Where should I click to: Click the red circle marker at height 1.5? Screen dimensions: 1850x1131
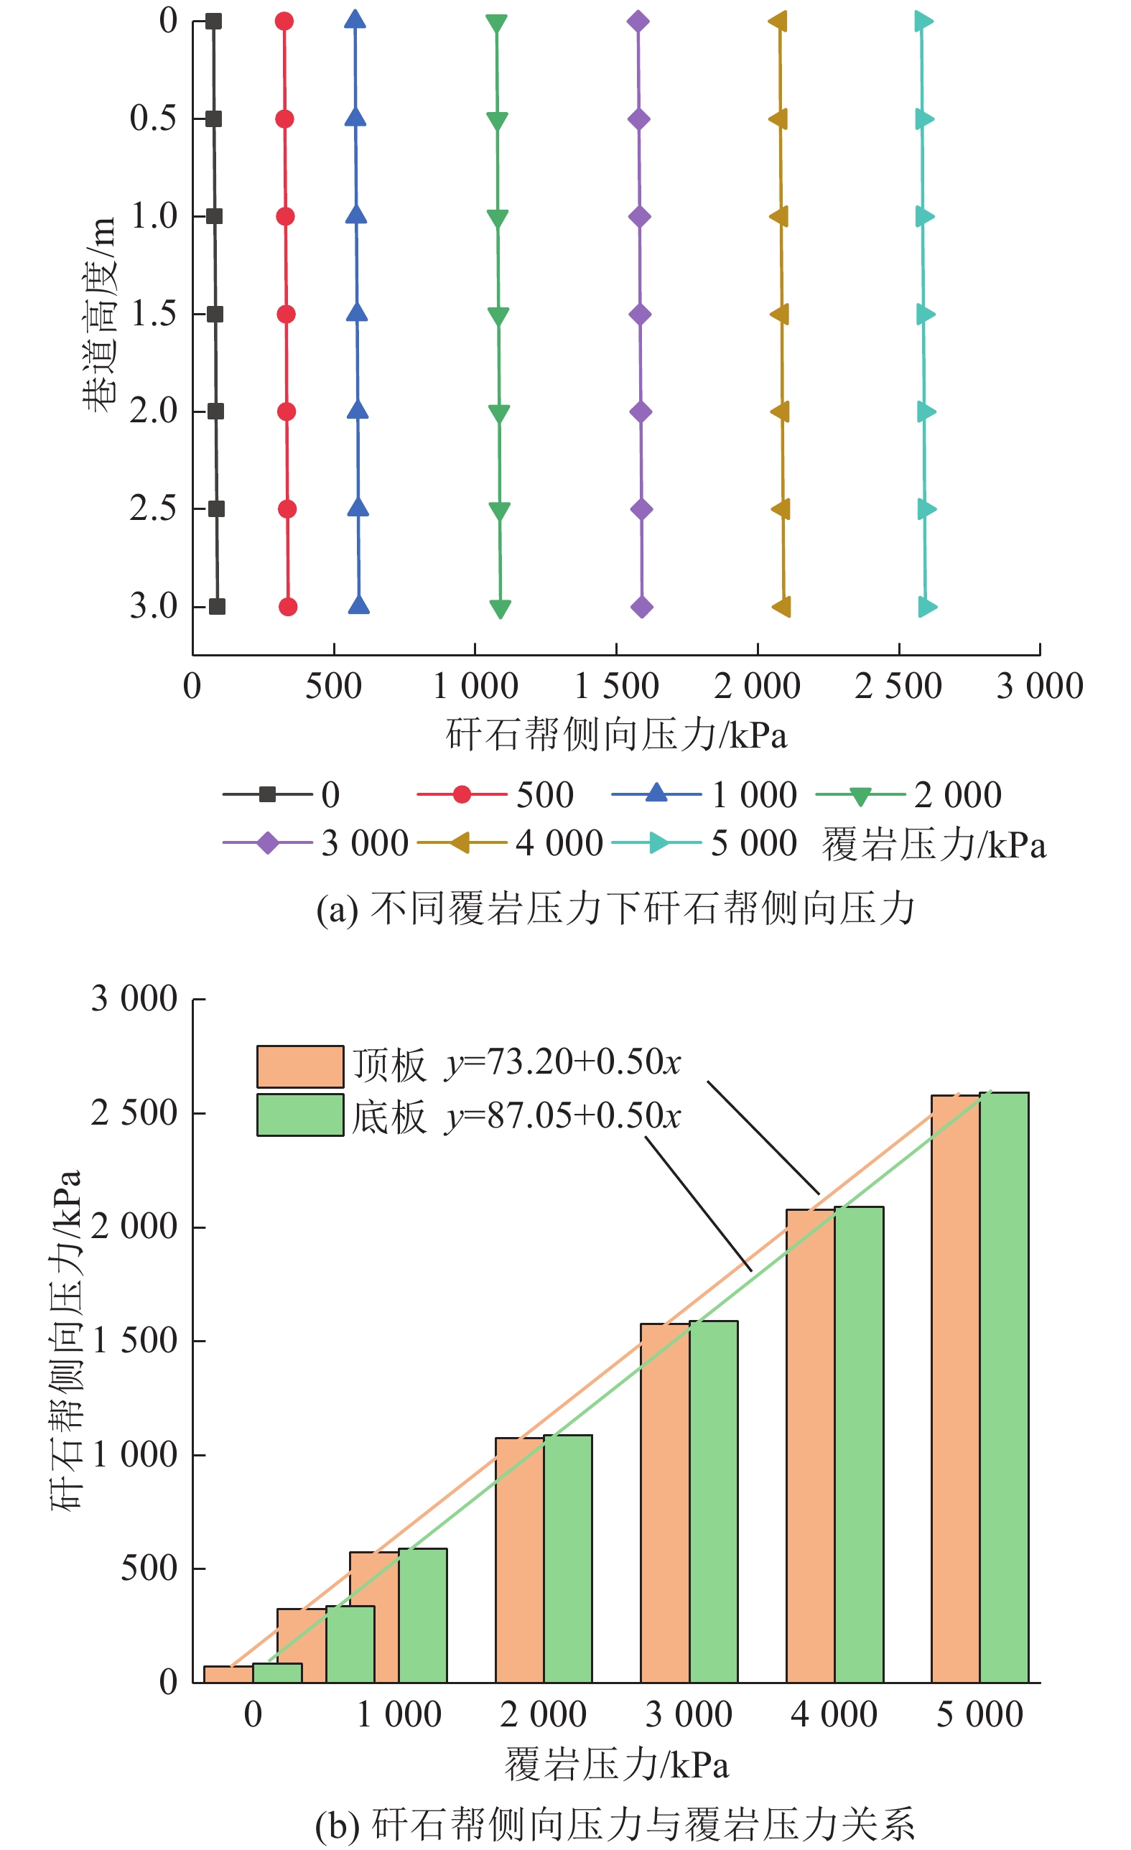tap(286, 314)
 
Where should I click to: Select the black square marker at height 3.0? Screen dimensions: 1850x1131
tap(217, 607)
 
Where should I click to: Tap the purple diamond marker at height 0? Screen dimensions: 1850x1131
tap(638, 21)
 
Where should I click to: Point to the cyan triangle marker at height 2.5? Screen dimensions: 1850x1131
tap(926, 509)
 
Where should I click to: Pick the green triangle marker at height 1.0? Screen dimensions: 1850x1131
tap(498, 218)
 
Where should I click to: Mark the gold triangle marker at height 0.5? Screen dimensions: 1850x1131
tap(779, 118)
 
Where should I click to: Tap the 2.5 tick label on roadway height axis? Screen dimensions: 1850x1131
tap(153, 509)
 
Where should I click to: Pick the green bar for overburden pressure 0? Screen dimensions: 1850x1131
tap(278, 1673)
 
